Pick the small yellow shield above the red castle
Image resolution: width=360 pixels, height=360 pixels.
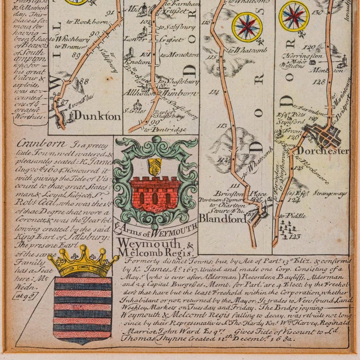153,165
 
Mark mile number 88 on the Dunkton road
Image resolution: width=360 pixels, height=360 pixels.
85,81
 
